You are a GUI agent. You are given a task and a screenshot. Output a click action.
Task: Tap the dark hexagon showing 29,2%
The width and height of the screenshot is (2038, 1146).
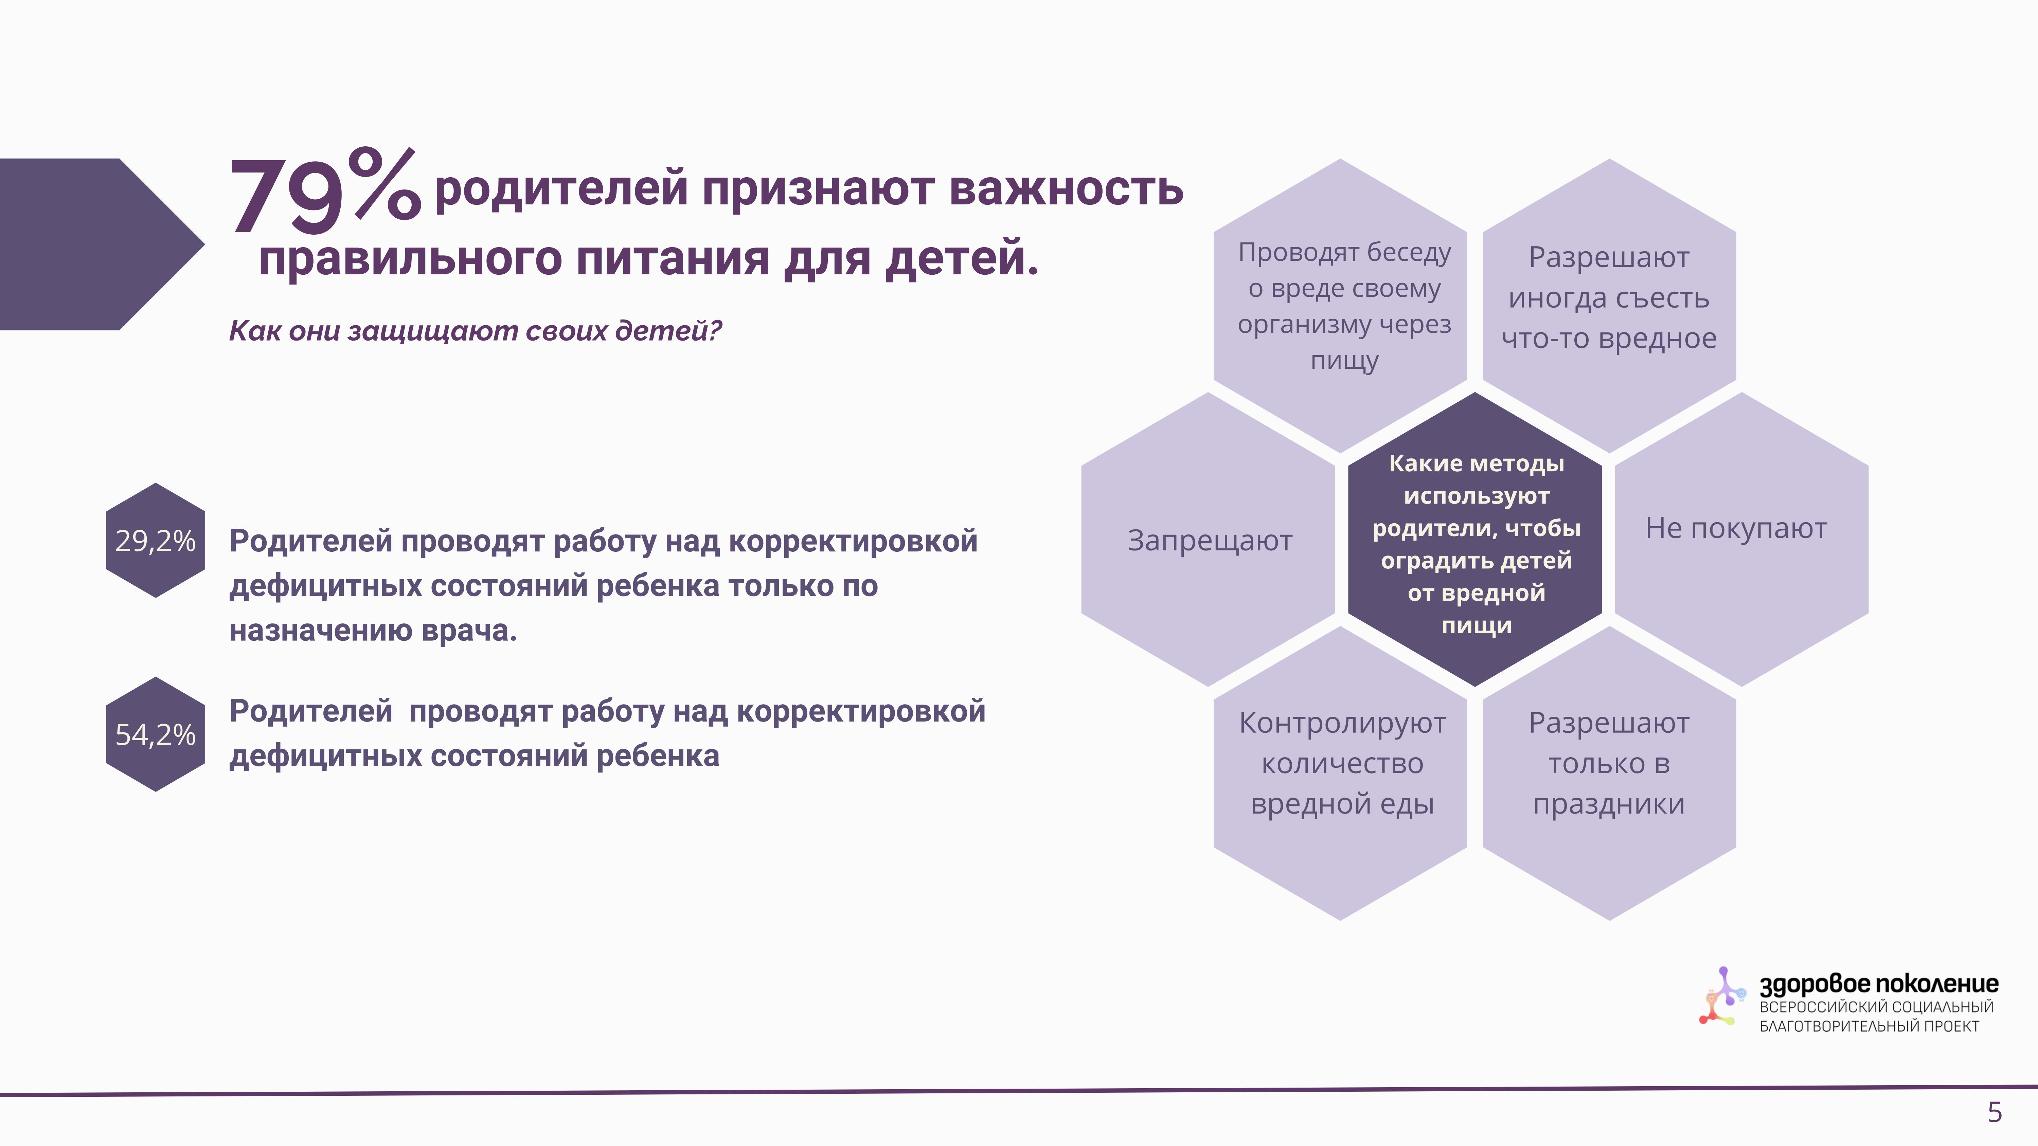point(156,540)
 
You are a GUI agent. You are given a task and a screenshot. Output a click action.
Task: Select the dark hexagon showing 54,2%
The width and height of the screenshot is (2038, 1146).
point(156,734)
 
